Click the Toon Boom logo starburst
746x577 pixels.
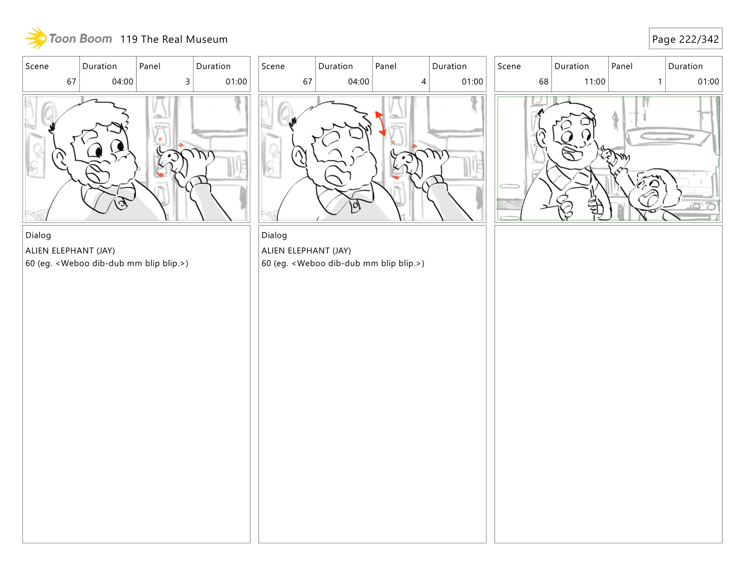(x=36, y=38)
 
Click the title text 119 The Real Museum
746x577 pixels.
(x=174, y=39)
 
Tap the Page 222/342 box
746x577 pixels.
(x=685, y=38)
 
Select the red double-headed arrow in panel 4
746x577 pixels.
(x=381, y=123)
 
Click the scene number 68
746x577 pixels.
(x=543, y=82)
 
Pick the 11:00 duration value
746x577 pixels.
(x=594, y=82)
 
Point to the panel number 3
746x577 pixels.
(x=188, y=82)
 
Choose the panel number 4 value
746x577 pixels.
(x=424, y=82)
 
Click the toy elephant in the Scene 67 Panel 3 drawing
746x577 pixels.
(x=170, y=159)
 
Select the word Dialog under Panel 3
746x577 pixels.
(x=38, y=235)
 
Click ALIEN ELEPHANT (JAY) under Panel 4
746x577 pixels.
(x=306, y=251)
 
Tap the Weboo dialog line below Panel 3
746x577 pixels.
(x=107, y=264)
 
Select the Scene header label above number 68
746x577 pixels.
(x=509, y=66)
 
